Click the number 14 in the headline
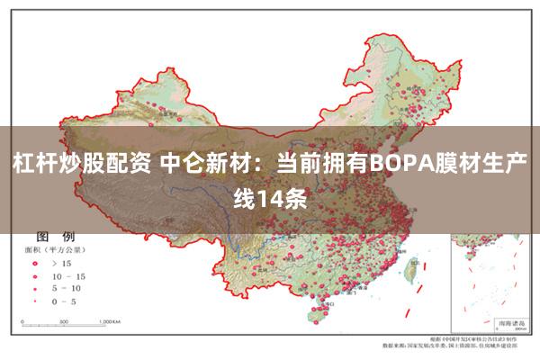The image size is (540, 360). (x=268, y=197)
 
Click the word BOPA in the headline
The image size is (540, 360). (x=402, y=166)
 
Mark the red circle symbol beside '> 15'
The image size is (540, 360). (x=35, y=263)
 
